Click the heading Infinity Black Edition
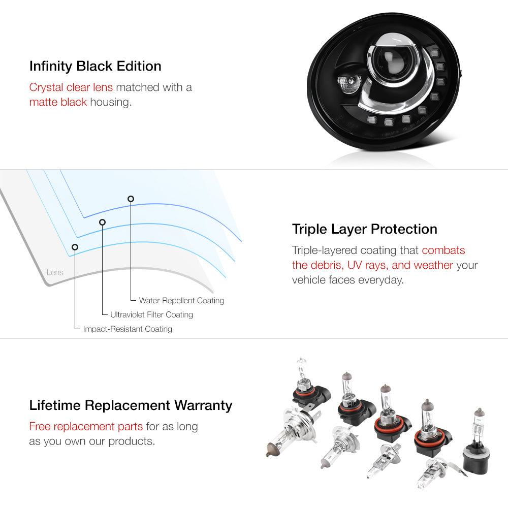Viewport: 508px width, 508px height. [96, 66]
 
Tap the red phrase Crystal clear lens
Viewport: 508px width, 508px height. [71, 87]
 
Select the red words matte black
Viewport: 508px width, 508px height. [58, 102]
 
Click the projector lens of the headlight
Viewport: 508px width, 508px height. [389, 60]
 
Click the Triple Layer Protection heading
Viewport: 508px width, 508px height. [364, 229]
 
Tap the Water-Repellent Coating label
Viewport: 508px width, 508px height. [181, 300]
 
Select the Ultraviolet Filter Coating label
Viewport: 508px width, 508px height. [151, 314]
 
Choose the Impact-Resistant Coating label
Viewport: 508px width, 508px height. [128, 329]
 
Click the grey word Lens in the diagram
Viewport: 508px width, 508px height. [55, 272]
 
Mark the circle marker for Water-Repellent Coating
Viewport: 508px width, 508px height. [131, 199]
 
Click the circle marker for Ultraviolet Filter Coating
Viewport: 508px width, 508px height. [103, 223]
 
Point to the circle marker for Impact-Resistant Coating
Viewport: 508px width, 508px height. [75, 247]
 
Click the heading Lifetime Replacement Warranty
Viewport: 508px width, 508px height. [131, 405]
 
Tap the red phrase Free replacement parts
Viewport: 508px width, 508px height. [86, 426]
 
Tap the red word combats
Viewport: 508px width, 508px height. [443, 250]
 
